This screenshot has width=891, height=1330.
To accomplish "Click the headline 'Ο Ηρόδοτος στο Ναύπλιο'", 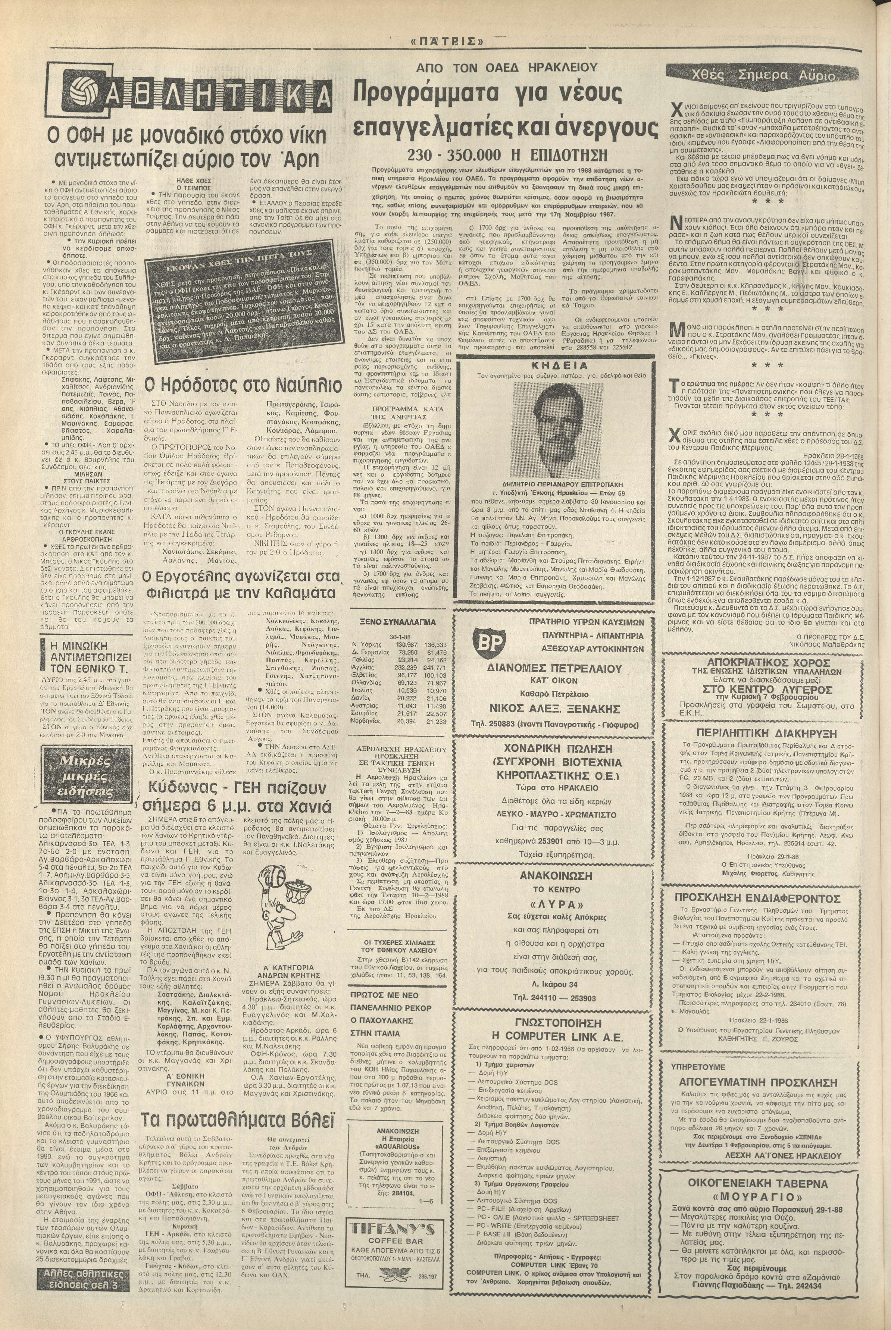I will pyautogui.click(x=243, y=386).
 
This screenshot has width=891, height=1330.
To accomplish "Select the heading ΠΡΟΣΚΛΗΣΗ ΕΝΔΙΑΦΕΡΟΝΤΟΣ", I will pyautogui.click(x=757, y=898).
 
